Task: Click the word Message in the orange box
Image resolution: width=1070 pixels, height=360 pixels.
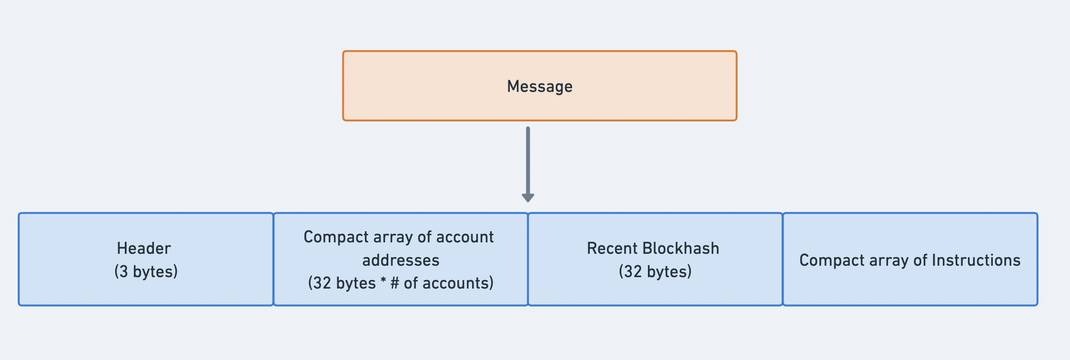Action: pyautogui.click(x=539, y=87)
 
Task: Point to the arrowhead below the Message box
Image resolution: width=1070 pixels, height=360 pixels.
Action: pyautogui.click(x=528, y=197)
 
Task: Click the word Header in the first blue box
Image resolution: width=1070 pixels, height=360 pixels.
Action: pyautogui.click(x=144, y=248)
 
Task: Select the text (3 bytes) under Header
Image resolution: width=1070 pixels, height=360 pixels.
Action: pyautogui.click(x=146, y=271)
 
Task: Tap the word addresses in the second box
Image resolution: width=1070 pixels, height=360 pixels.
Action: pyautogui.click(x=401, y=260)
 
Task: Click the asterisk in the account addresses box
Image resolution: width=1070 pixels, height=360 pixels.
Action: pyautogui.click(x=383, y=282)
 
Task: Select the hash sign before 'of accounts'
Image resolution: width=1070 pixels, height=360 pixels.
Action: pyautogui.click(x=394, y=283)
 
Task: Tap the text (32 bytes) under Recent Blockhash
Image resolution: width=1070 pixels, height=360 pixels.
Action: pyautogui.click(x=655, y=271)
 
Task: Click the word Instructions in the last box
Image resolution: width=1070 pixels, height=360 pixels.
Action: pyautogui.click(x=976, y=260)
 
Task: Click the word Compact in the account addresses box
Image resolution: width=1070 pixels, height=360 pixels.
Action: pyautogui.click(x=329, y=237)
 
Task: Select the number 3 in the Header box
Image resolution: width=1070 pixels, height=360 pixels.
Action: pyautogui.click(x=123, y=271)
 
